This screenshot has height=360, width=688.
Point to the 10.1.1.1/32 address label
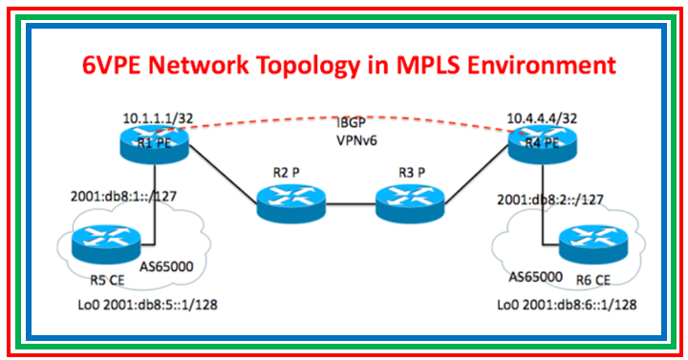[160, 117]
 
